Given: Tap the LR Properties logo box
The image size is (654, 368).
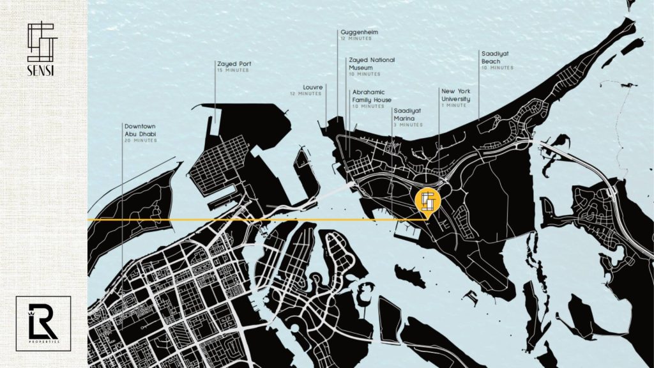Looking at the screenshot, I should click(43, 323).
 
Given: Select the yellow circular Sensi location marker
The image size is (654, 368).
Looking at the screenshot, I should click(427, 200).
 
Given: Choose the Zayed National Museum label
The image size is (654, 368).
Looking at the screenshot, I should click(371, 63).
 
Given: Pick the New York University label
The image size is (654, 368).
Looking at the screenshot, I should click(455, 95).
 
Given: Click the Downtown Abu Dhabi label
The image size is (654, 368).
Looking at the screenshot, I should click(141, 130).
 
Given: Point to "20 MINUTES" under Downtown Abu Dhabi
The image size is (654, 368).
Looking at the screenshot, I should click(141, 141).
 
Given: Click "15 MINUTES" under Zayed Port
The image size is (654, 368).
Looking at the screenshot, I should click(233, 70).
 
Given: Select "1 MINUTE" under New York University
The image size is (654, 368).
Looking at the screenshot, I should click(454, 105).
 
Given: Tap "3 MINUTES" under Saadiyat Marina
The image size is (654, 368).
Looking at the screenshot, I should click(407, 125).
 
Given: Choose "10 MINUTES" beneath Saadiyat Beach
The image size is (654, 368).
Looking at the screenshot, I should click(498, 68).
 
